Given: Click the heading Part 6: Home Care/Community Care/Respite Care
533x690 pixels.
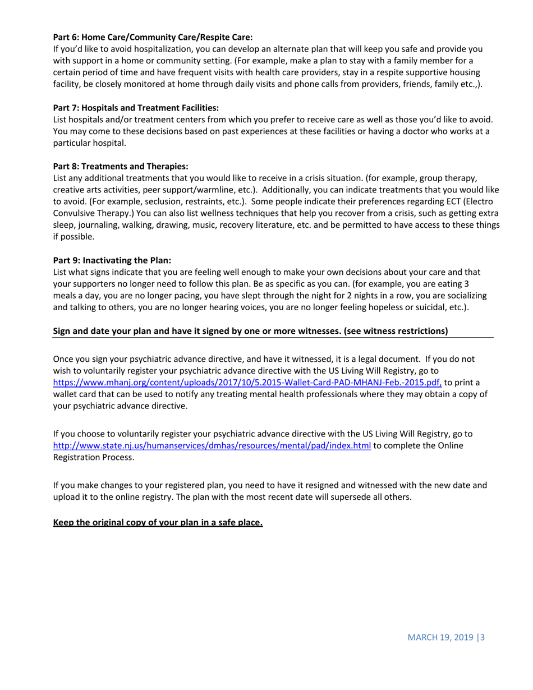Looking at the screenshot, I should pos(153,38).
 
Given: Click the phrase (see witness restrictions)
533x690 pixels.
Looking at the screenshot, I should pos(396,331).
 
